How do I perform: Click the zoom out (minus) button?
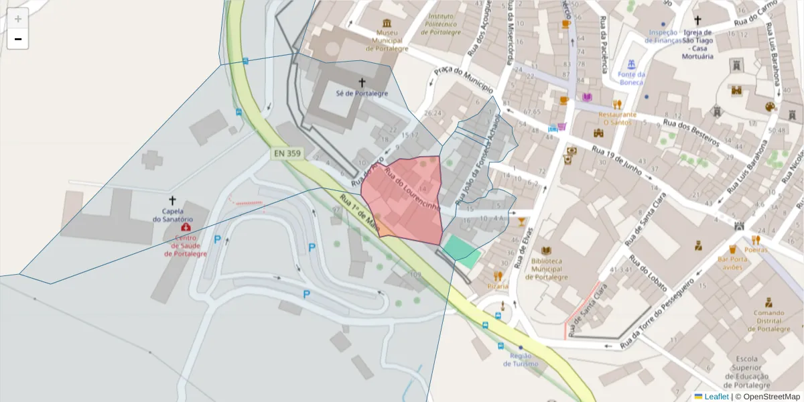coord(18,40)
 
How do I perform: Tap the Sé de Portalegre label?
coord(362,94)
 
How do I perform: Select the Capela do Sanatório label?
coord(173,215)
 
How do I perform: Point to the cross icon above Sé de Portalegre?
coord(362,82)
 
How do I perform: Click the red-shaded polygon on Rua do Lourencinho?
coord(405,201)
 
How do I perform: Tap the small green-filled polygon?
coord(462,249)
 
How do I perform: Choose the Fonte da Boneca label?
coord(631,78)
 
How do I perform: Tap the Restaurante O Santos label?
coord(617,118)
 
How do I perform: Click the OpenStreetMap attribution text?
coord(767,397)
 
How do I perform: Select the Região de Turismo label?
coord(521,360)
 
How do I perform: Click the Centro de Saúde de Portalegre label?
coord(186,246)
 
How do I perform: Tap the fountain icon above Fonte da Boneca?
coord(631,64)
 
